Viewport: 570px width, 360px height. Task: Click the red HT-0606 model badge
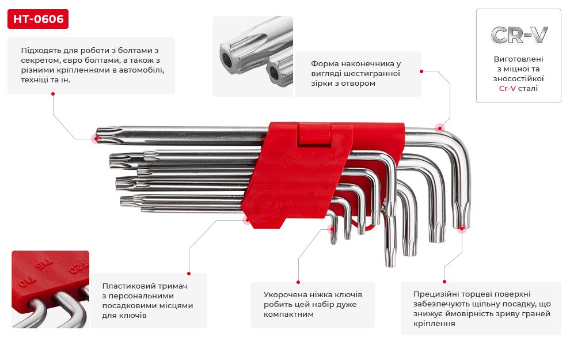[x=38, y=20]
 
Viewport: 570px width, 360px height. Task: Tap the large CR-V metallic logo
[x=519, y=35]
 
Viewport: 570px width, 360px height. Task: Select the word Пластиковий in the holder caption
[x=125, y=286]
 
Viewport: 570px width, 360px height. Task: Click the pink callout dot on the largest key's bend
[x=440, y=128]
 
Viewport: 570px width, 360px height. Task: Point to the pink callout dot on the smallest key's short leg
[x=332, y=229]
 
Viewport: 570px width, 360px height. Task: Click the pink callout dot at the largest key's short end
[x=461, y=228]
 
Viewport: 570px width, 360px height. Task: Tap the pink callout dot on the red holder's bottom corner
[x=247, y=219]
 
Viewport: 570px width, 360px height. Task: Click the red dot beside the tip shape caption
[x=421, y=71]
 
